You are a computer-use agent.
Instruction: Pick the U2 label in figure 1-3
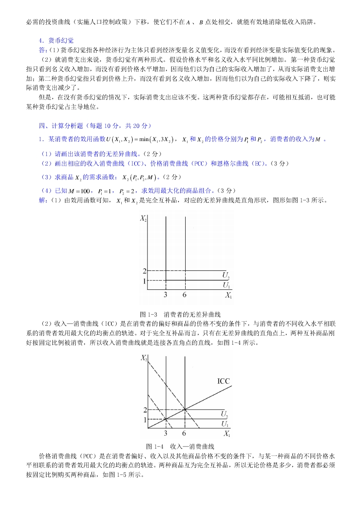click(x=226, y=275)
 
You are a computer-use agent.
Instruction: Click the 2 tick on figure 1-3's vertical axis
click(x=145, y=271)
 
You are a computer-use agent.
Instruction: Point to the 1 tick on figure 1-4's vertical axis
click(x=145, y=420)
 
